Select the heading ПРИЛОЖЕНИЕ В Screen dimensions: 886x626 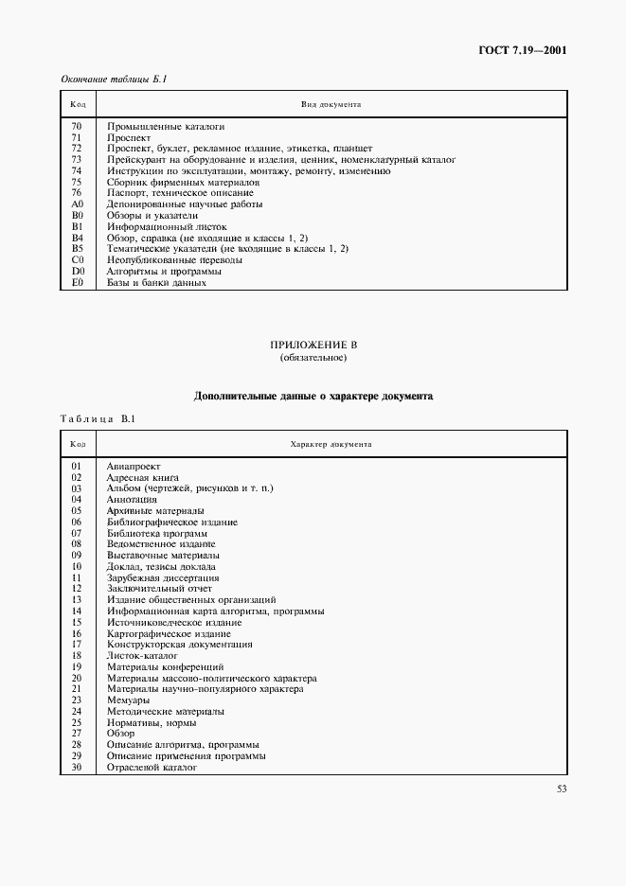pos(313,346)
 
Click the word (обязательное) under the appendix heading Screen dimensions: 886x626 pos(313,358)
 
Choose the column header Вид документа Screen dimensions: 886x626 pos(331,103)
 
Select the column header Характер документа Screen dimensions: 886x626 pos(331,443)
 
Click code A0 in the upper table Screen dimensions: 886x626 pos(78,204)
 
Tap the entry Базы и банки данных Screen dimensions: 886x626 pos(156,282)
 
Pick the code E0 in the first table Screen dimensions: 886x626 pos(78,282)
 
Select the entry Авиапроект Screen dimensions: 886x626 pos(134,467)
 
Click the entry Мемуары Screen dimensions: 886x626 pos(128,700)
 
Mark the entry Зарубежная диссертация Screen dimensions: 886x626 pos(163,577)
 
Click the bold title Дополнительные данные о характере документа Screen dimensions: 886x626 pos(313,397)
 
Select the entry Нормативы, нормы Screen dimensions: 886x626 pos(148,722)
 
